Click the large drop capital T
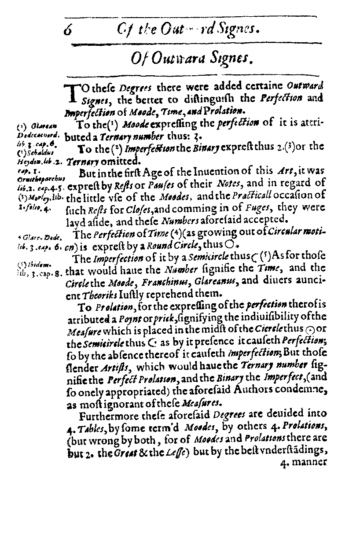70,94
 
